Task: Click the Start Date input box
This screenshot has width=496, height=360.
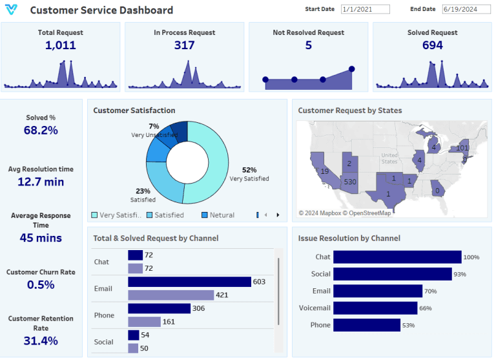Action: click(366, 10)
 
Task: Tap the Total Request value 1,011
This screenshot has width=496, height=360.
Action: click(61, 45)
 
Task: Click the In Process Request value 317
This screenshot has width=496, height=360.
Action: click(184, 45)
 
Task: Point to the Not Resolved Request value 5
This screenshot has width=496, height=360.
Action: click(308, 45)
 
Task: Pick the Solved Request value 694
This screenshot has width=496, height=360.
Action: click(432, 45)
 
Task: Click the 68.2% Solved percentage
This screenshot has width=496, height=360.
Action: click(41, 130)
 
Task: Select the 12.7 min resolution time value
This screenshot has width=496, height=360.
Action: click(41, 182)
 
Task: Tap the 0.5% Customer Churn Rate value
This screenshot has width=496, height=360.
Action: click(41, 284)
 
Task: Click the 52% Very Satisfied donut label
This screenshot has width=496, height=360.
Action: click(249, 170)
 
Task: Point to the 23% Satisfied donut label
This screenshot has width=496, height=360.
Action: click(143, 191)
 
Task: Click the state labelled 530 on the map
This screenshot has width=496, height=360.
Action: click(350, 182)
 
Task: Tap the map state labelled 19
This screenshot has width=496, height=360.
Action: click(325, 171)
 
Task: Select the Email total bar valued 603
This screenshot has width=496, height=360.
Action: click(189, 282)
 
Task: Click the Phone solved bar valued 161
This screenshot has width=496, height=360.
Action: click(144, 321)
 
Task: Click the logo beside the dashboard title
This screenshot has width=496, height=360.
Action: click(12, 10)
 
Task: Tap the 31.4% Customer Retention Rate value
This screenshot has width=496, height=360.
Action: click(41, 341)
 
